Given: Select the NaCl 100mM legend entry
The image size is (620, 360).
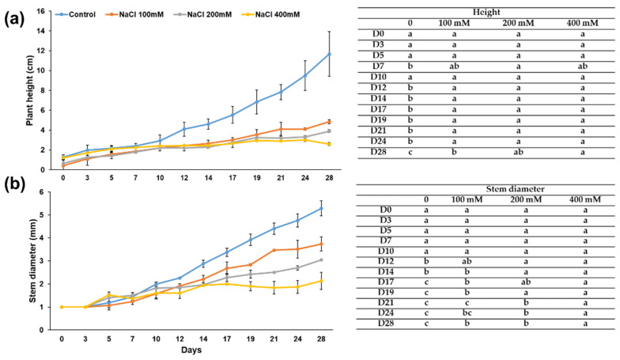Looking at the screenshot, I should tap(146, 14).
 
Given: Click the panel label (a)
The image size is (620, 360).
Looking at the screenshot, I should tap(15, 15).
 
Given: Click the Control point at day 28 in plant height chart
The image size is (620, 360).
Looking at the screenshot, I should tap(329, 54).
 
